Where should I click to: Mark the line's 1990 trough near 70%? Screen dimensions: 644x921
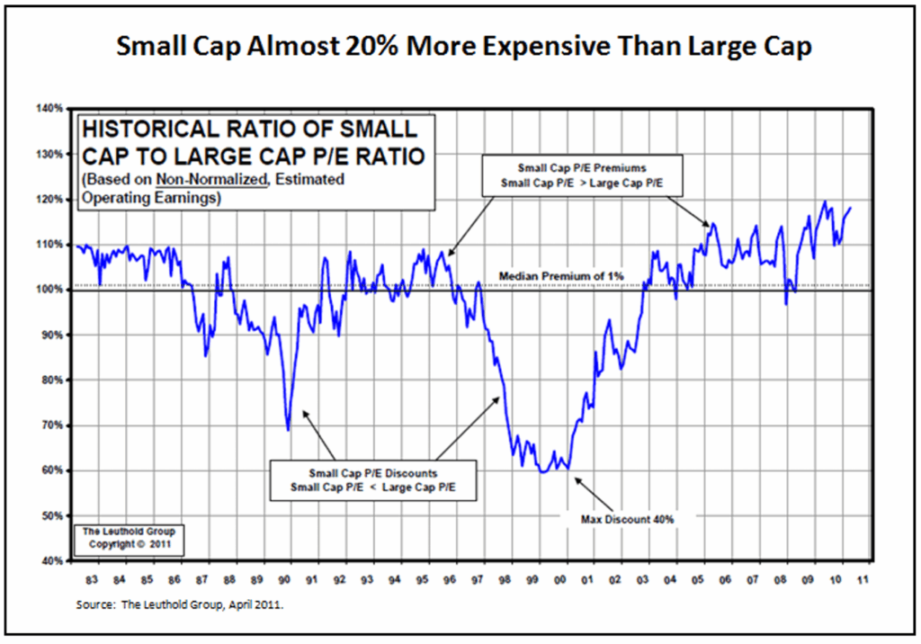point(288,430)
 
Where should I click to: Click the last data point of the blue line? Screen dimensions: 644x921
point(851,209)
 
